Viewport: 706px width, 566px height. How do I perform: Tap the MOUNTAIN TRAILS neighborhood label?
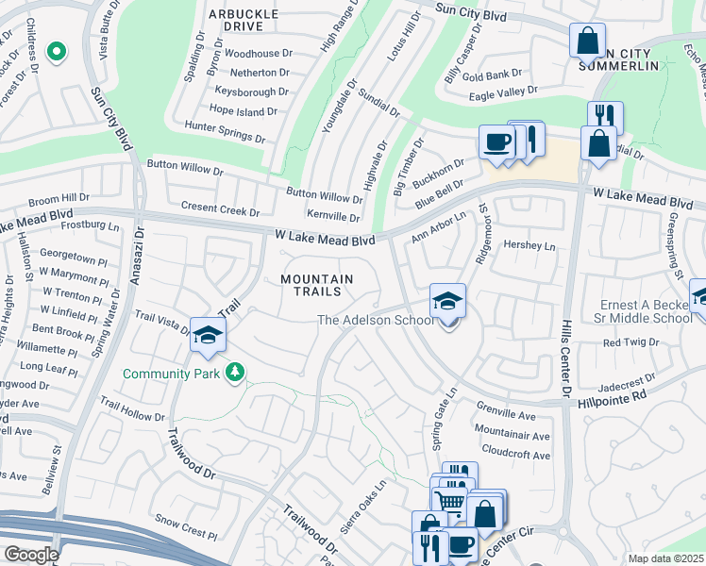(317, 285)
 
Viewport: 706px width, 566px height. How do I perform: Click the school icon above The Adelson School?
(448, 301)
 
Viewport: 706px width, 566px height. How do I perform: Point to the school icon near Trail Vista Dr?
(208, 336)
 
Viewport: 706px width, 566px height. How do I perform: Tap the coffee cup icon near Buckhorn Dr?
(496, 143)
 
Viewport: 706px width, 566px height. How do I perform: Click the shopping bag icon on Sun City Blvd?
(587, 42)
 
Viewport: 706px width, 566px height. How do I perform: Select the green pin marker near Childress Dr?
(57, 51)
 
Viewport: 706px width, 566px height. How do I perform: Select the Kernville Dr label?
(334, 217)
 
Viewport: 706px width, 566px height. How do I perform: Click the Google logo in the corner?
(31, 555)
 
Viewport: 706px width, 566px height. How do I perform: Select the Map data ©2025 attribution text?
(665, 558)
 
